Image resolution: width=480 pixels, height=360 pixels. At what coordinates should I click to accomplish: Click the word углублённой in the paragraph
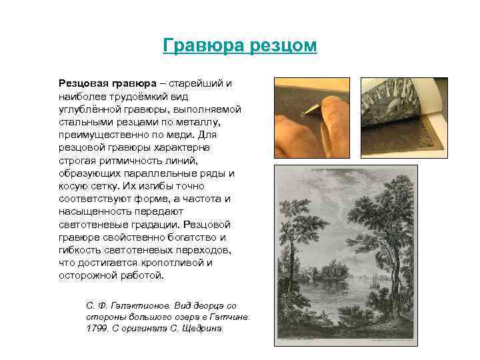point(89,109)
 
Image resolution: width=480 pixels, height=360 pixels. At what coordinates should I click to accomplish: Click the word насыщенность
point(95,211)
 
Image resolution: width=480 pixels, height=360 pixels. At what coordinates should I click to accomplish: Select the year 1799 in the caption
point(97,329)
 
